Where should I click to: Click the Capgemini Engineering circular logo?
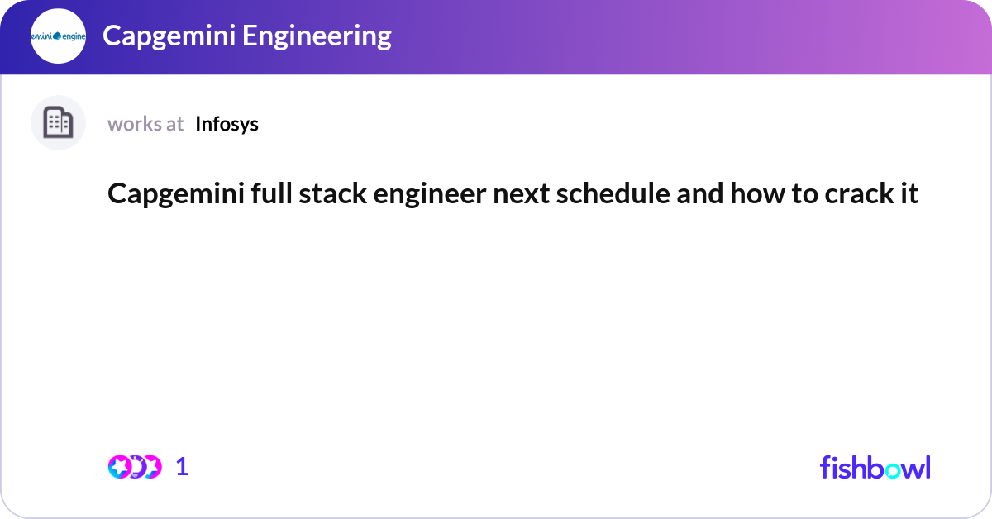(58, 36)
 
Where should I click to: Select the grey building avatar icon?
(58, 123)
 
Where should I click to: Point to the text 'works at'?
(145, 124)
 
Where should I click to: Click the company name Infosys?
(227, 124)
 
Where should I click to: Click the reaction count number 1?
(182, 467)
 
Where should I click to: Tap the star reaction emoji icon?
(120, 467)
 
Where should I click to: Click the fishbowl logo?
(875, 467)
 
